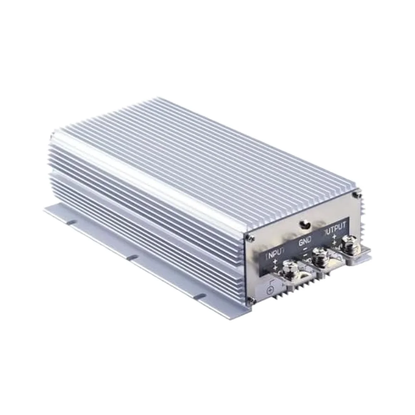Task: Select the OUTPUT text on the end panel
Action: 336,229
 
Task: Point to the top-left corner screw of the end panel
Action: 248,237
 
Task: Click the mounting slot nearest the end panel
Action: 200,296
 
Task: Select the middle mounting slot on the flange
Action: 132,258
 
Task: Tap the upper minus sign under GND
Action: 305,249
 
